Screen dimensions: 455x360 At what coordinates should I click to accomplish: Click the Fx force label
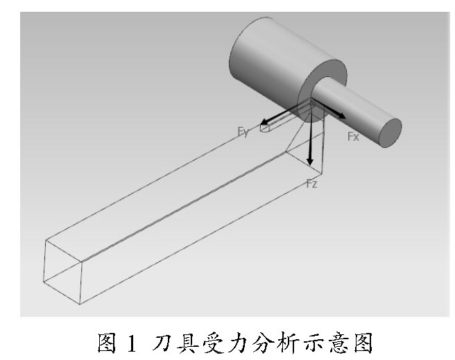coord(353,137)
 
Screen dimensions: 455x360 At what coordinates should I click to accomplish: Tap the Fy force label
coord(243,132)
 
